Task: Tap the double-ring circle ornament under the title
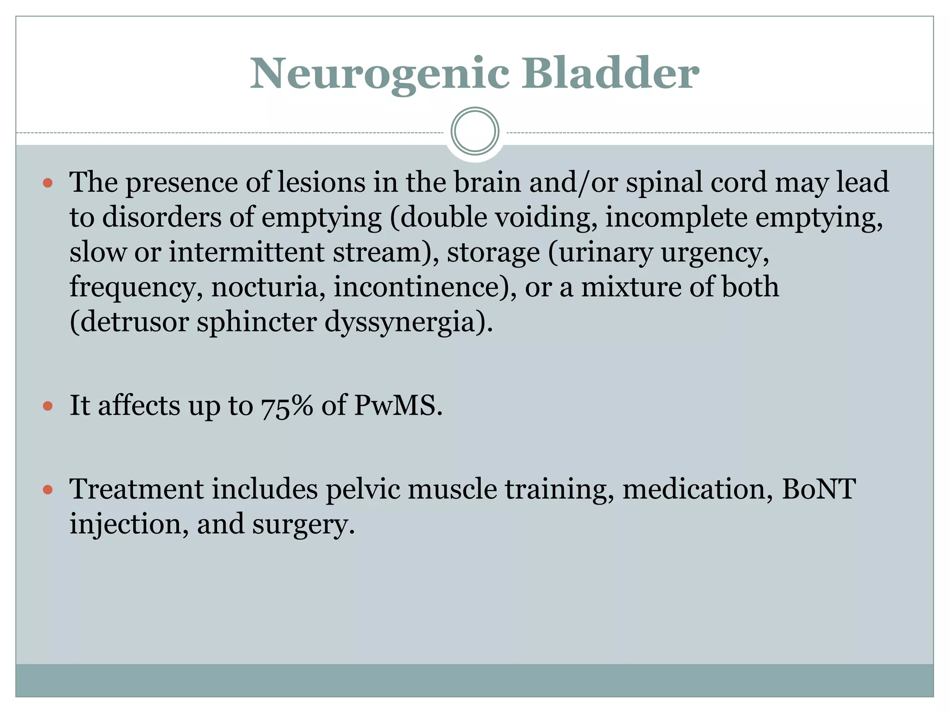pyautogui.click(x=475, y=131)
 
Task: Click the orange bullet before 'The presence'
pyautogui.click(x=47, y=183)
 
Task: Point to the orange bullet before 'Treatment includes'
pyautogui.click(x=47, y=490)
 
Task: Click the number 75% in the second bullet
pyautogui.click(x=287, y=406)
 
